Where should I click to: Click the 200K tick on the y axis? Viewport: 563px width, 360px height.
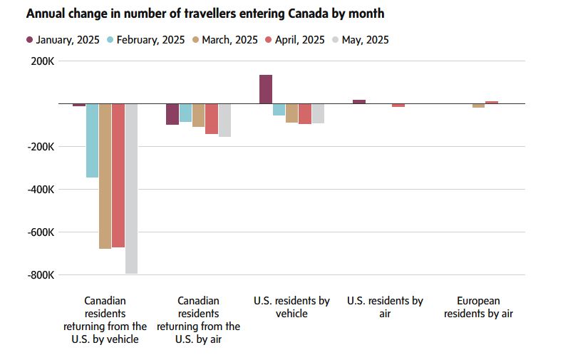click(42, 61)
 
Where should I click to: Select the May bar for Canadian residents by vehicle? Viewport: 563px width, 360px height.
click(131, 188)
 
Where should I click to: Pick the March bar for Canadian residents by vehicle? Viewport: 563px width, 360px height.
click(105, 176)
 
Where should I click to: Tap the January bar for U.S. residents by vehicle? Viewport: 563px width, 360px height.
click(266, 89)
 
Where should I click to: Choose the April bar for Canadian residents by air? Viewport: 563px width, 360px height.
click(212, 118)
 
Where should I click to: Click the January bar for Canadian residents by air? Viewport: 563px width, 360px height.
click(172, 114)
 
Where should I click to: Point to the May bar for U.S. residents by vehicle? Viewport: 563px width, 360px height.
click(318, 113)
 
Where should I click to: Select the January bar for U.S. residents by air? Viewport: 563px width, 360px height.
click(359, 101)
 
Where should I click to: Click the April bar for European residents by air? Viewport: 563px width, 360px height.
click(492, 102)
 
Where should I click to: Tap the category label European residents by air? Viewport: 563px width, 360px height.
click(478, 307)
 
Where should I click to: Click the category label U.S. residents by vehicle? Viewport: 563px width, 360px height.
click(291, 307)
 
